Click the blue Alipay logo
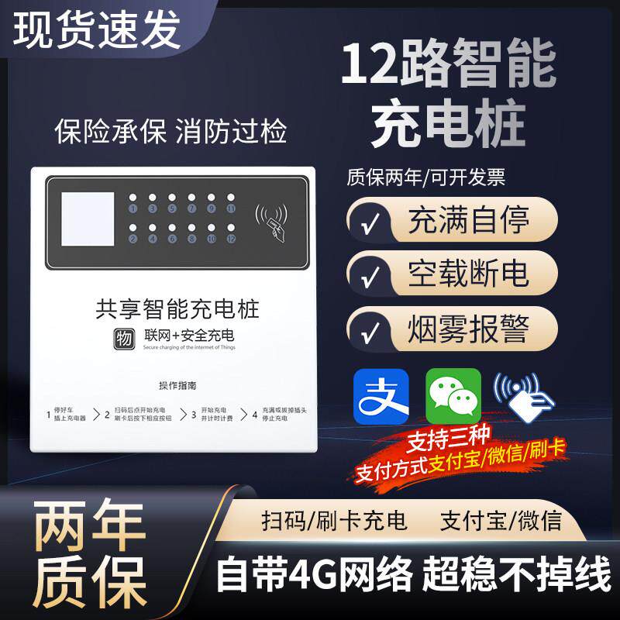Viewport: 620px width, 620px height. pos(381,396)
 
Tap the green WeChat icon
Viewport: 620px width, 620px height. pos(453,396)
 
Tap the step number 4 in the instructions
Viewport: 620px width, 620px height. pos(254,415)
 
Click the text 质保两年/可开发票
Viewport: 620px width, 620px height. pos(425,177)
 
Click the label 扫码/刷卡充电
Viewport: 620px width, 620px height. pos(335,519)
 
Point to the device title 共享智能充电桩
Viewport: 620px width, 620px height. pos(177,310)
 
